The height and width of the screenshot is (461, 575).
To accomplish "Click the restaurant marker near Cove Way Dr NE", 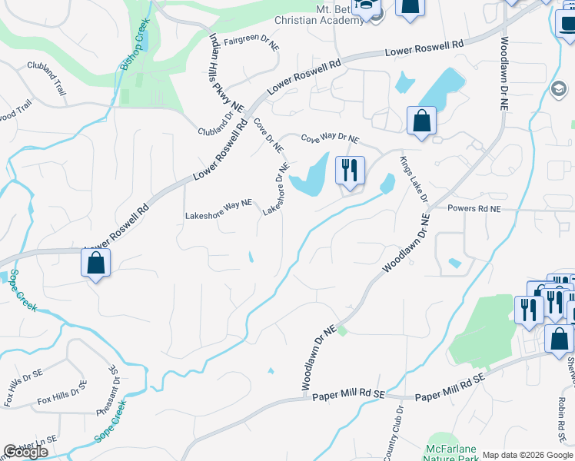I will click(x=350, y=171).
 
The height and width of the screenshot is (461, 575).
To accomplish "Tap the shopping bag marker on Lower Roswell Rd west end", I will click(x=96, y=264).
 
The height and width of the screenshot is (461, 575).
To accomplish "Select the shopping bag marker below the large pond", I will click(x=421, y=121).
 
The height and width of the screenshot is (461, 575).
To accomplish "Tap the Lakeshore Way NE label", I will click(x=218, y=211).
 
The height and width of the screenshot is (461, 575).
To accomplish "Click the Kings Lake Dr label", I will click(x=413, y=179).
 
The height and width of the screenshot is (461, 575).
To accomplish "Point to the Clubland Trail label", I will click(x=47, y=78).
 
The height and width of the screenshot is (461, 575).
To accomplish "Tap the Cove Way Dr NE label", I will click(x=330, y=139).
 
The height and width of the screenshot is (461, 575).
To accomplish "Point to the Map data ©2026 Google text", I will click(x=527, y=455).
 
